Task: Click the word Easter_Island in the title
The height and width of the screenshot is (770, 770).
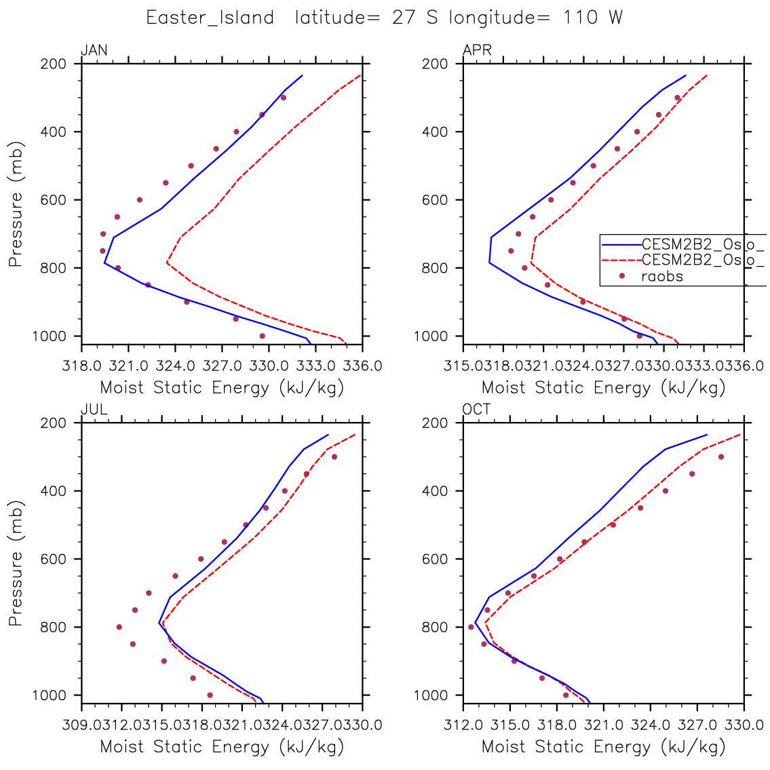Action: click(x=210, y=18)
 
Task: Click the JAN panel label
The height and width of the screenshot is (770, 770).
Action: click(x=94, y=50)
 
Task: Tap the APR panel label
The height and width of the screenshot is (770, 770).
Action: click(x=477, y=50)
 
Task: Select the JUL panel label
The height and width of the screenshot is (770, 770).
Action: click(x=94, y=409)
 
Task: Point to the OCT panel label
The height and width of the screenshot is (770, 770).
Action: click(x=477, y=409)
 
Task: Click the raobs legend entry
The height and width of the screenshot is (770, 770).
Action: click(x=661, y=277)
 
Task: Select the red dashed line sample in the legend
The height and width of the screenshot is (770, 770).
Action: click(x=620, y=260)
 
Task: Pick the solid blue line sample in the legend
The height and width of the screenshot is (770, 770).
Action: click(x=620, y=244)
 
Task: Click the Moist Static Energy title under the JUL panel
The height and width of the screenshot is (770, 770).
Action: click(x=222, y=747)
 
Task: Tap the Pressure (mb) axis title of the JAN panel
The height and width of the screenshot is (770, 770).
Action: click(x=16, y=204)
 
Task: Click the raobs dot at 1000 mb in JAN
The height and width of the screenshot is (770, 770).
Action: click(x=263, y=336)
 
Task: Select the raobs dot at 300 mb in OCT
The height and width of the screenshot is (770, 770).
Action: click(x=720, y=457)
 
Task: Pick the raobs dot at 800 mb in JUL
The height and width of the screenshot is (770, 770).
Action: click(x=119, y=627)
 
